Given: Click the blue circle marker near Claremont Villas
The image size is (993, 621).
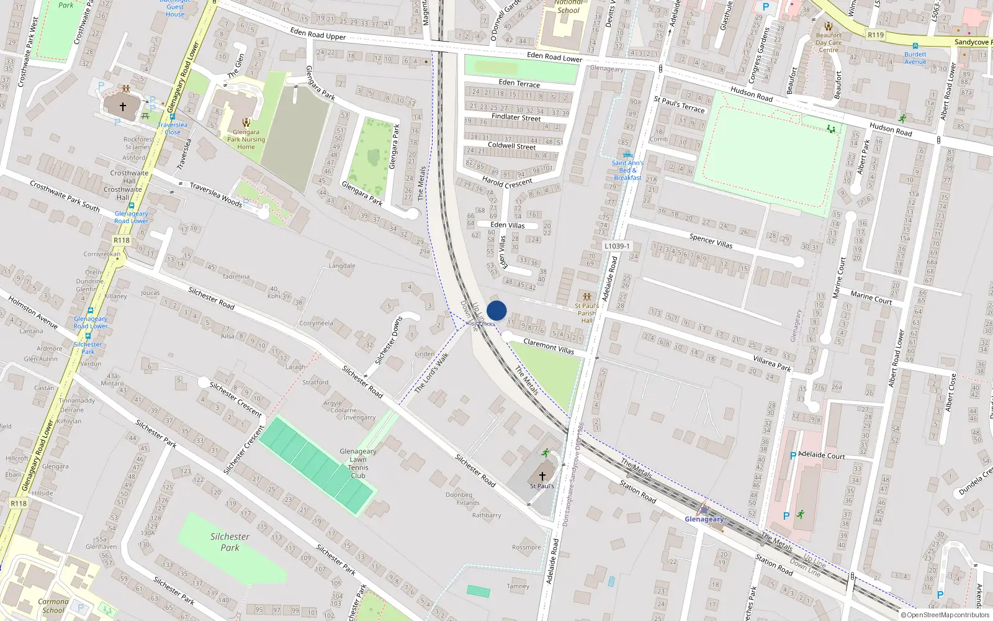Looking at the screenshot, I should [496, 310].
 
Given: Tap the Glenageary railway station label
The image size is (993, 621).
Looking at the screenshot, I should [704, 519].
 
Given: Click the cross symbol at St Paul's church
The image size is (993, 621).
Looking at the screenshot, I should [542, 476].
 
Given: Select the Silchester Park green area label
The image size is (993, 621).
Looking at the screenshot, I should [230, 542].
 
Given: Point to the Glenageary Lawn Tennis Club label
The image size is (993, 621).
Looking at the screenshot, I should [358, 463].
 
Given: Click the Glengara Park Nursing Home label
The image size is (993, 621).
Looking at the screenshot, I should [246, 139].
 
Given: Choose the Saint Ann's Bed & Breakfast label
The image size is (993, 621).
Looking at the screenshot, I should [627, 170].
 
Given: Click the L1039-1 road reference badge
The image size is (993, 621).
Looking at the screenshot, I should [617, 246].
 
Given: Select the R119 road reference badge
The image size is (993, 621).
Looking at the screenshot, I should [876, 35].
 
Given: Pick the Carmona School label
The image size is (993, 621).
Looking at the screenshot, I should [53, 605].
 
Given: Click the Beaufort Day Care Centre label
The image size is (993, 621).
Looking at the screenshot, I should [829, 42].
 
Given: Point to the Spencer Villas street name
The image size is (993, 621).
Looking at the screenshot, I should [711, 241].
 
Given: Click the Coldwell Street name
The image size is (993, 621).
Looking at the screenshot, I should [511, 146].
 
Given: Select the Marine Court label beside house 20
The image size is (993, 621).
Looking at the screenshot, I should [871, 297].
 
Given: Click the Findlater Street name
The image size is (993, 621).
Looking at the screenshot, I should [516, 117].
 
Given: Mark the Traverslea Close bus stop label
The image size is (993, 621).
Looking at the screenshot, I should [173, 129].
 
